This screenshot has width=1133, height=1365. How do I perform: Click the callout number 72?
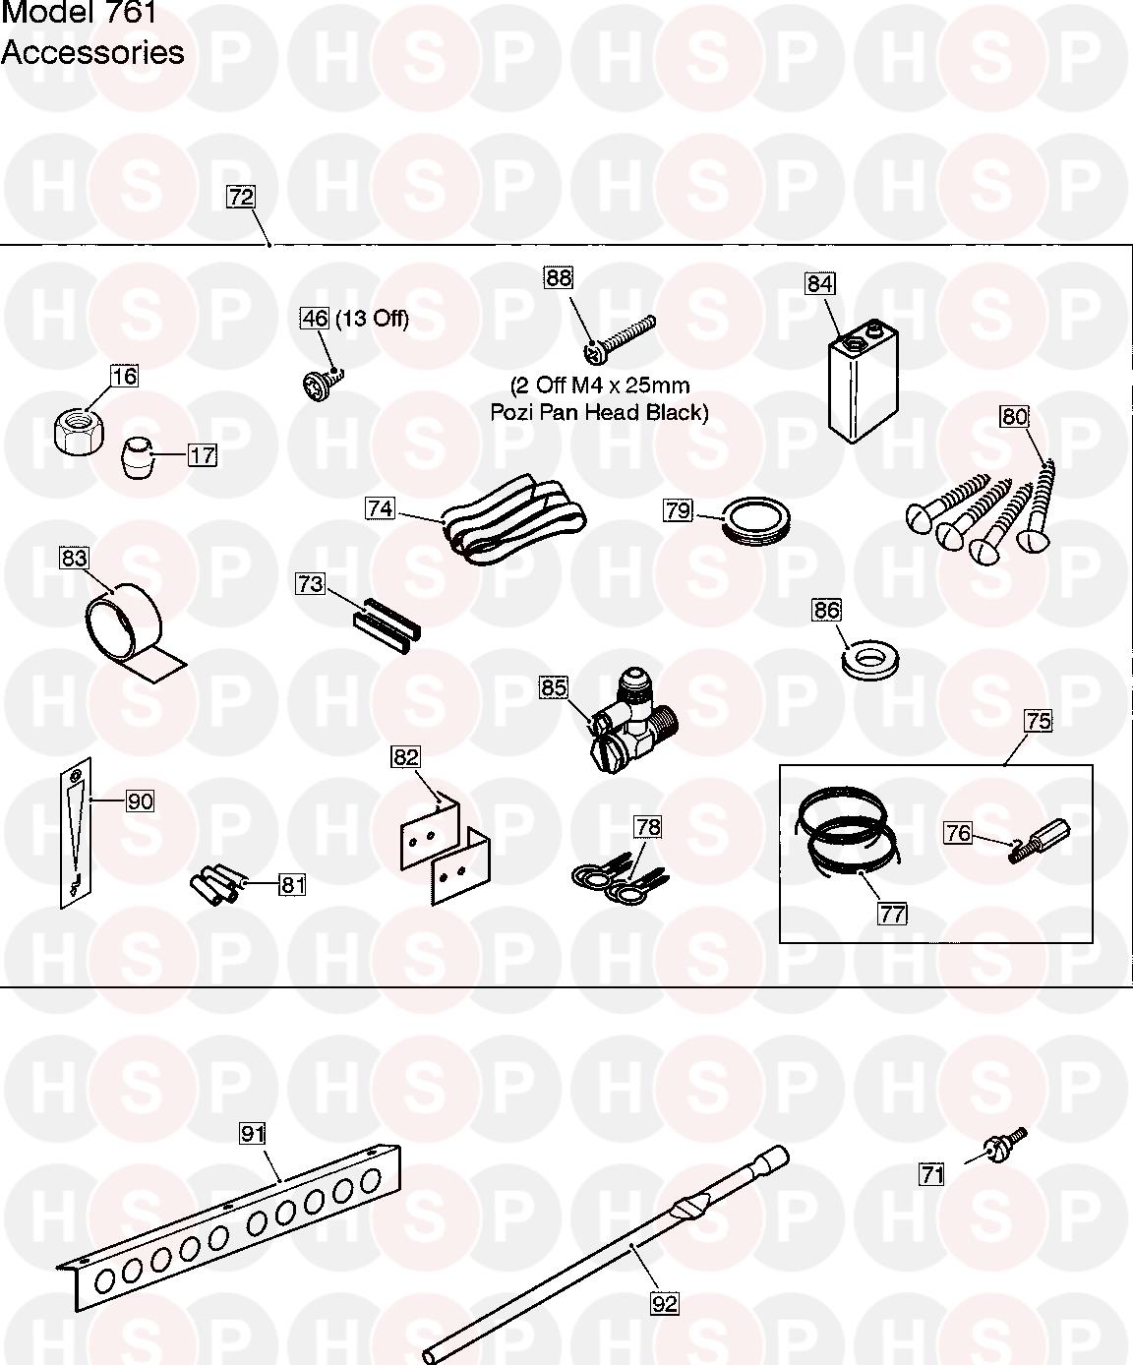tap(241, 197)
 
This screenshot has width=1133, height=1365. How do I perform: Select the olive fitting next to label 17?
tap(138, 458)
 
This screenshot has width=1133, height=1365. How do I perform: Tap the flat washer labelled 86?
tap(869, 661)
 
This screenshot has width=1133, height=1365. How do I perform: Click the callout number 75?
tap(1039, 721)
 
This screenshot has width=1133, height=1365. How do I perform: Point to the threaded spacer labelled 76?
tap(1039, 841)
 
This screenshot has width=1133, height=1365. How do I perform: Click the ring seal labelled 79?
tap(755, 521)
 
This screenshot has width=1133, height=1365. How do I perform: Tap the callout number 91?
tap(253, 1133)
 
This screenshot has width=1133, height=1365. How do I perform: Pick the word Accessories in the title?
tap(92, 52)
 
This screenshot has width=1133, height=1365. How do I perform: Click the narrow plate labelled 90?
tap(76, 833)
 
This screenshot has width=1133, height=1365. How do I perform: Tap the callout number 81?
tap(292, 884)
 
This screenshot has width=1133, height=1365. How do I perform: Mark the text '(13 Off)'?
tap(372, 319)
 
